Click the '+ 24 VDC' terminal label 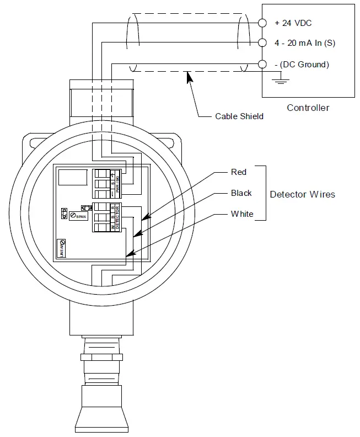coord(293,23)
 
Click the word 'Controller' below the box coord(308,108)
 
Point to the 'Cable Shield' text coord(239,116)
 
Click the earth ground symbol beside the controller coord(282,82)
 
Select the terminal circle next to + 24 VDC coord(262,23)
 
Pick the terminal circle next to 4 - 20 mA coord(262,43)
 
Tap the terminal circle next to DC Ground coord(262,64)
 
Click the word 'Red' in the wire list coord(238,172)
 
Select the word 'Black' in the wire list coord(241,193)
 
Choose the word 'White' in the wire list coord(242,214)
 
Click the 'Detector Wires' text coord(302,194)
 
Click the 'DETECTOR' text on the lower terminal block coord(118,217)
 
